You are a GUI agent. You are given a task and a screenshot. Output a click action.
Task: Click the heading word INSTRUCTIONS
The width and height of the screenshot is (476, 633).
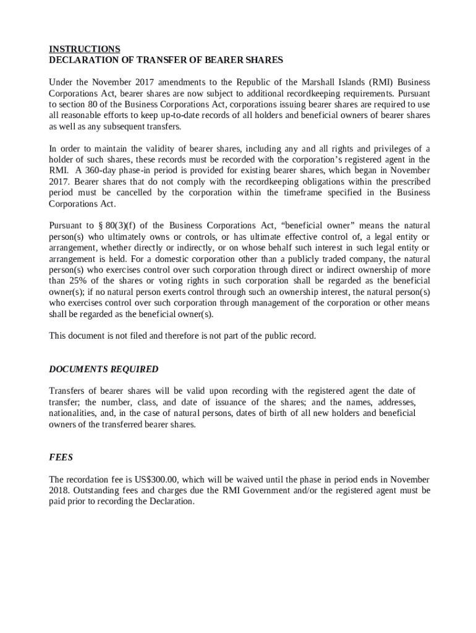pyautogui.click(x=84, y=49)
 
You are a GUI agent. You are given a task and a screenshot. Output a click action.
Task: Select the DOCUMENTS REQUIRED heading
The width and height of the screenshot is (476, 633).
pyautogui.click(x=103, y=370)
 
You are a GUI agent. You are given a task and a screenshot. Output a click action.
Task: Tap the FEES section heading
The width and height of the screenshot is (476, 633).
pyautogui.click(x=61, y=457)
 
